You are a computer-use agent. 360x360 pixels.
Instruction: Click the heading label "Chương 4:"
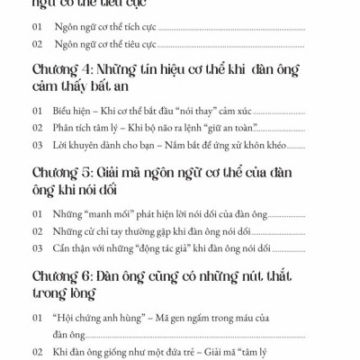coord(60,72)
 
